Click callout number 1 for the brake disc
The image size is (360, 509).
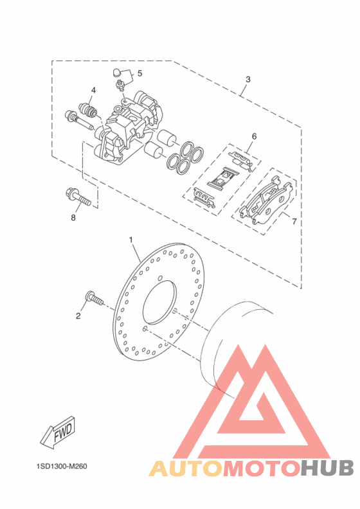click(131, 240)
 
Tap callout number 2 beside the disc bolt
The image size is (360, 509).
click(78, 316)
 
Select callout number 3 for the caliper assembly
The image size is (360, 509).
click(248, 79)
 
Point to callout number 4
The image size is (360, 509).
click(93, 90)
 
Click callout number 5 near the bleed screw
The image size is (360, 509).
click(139, 73)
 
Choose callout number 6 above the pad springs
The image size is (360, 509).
click(254, 136)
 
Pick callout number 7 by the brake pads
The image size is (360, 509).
click(294, 221)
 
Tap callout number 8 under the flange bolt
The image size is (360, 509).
click(73, 217)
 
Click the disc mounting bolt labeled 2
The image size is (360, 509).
click(94, 298)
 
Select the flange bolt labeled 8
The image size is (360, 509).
click(78, 197)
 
